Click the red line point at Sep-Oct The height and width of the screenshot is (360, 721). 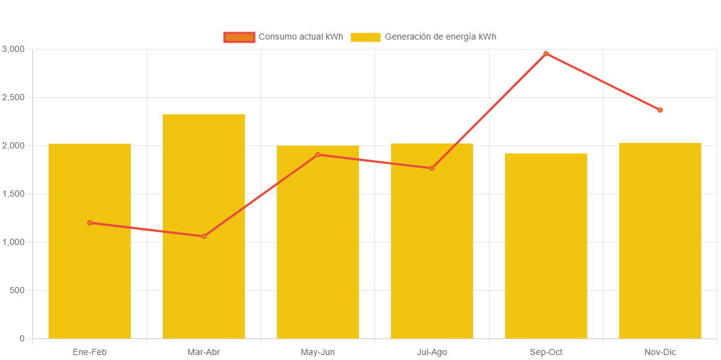pos(546,54)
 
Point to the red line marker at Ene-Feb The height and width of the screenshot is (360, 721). pos(90,223)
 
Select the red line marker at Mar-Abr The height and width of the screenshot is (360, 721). pos(204,236)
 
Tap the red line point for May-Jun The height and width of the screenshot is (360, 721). pos(317,155)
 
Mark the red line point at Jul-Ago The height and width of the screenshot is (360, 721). pos(432,168)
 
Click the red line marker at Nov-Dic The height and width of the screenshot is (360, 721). pos(660,110)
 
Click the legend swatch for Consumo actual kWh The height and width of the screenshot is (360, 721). pos(239,37)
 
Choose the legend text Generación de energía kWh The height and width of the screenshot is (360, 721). pos(440,37)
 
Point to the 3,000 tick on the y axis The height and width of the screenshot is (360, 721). pos(13,49)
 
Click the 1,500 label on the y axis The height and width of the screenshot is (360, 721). pos(13,194)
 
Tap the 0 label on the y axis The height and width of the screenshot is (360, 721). pos(22,338)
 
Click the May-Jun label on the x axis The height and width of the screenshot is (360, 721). pos(317,352)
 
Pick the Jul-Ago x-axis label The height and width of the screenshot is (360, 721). pos(432,352)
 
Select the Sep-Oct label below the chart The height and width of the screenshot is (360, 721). pos(546,352)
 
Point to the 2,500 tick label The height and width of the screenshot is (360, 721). pos(13,97)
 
